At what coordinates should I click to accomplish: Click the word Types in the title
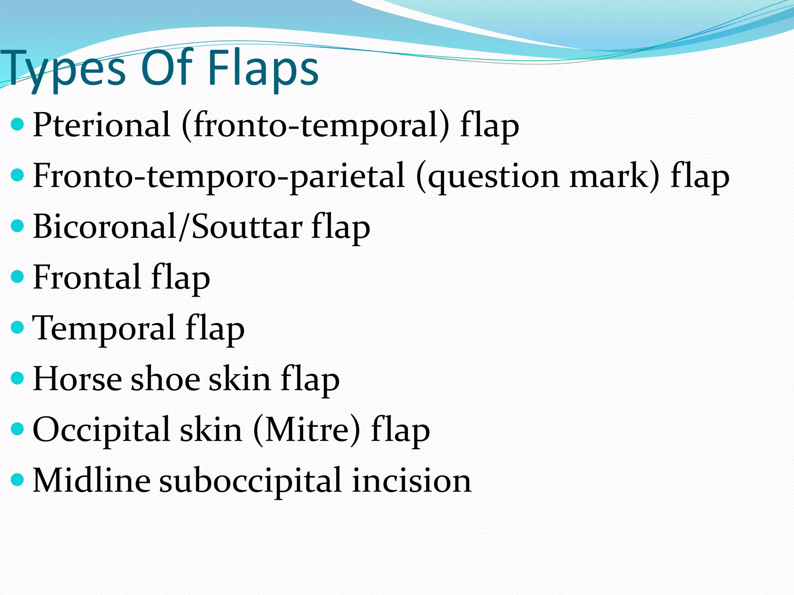(62, 69)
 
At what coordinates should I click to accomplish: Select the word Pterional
(102, 125)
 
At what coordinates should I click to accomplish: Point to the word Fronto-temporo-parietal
(219, 176)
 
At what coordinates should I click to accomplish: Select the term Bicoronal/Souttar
(167, 227)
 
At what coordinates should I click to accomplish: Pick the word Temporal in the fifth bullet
(104, 328)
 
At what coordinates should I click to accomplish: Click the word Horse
(77, 379)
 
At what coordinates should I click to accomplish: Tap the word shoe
(166, 379)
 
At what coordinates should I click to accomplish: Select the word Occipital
(102, 430)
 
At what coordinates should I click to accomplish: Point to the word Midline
(91, 480)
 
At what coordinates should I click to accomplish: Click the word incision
(412, 480)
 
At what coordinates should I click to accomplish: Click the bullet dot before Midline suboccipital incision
(17, 480)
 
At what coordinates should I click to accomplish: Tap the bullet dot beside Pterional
(17, 125)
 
